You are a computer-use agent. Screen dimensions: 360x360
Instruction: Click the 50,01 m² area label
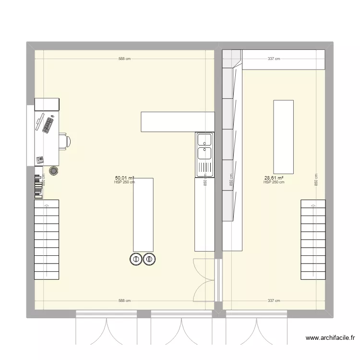click(124, 177)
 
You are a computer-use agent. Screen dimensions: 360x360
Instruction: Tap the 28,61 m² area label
click(274, 177)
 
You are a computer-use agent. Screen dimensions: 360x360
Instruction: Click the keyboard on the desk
click(48, 125)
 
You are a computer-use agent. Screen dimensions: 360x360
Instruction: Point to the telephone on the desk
click(40, 159)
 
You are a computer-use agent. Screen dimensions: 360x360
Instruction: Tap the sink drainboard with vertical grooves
click(204, 168)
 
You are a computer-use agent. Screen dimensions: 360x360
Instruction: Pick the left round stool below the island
click(136, 259)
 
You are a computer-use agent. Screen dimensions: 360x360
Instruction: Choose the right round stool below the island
click(149, 259)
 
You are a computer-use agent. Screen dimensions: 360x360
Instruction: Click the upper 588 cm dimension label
click(124, 59)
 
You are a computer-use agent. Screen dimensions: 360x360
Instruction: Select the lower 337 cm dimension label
click(274, 301)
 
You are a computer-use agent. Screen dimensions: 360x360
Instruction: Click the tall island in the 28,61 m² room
click(283, 136)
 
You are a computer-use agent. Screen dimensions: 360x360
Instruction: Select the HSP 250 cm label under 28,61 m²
click(274, 182)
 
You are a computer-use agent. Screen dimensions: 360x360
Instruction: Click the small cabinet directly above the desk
click(47, 104)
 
